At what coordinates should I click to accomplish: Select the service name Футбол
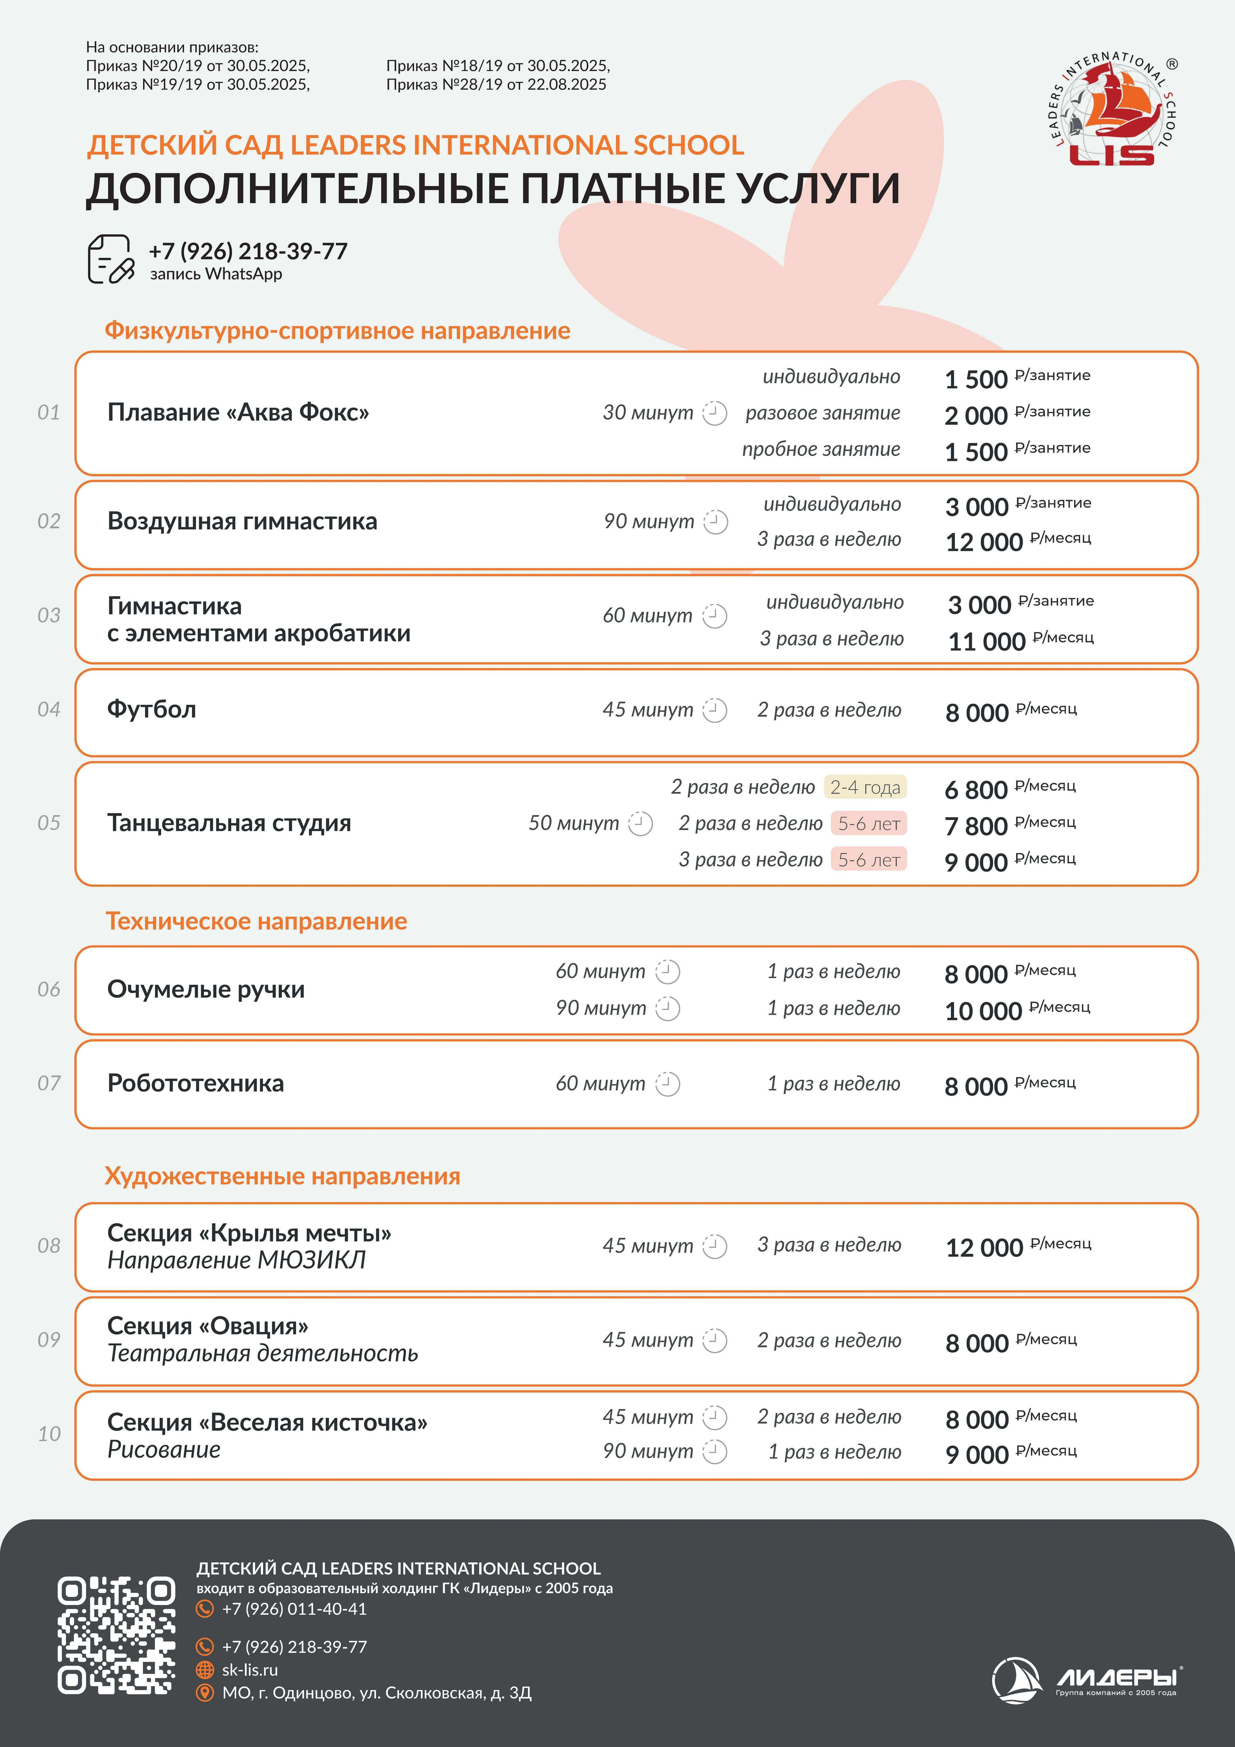(x=151, y=709)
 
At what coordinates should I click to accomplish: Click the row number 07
(x=49, y=1083)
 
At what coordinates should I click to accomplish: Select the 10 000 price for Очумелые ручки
(x=982, y=1010)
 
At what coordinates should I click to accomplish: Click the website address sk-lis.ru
(x=249, y=1669)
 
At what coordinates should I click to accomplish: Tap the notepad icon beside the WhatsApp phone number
(x=110, y=259)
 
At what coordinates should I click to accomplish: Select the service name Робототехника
(x=195, y=1083)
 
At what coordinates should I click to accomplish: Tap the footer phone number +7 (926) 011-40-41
(x=294, y=1609)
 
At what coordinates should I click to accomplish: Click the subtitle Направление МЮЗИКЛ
(x=236, y=1260)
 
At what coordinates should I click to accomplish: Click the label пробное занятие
(x=821, y=449)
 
